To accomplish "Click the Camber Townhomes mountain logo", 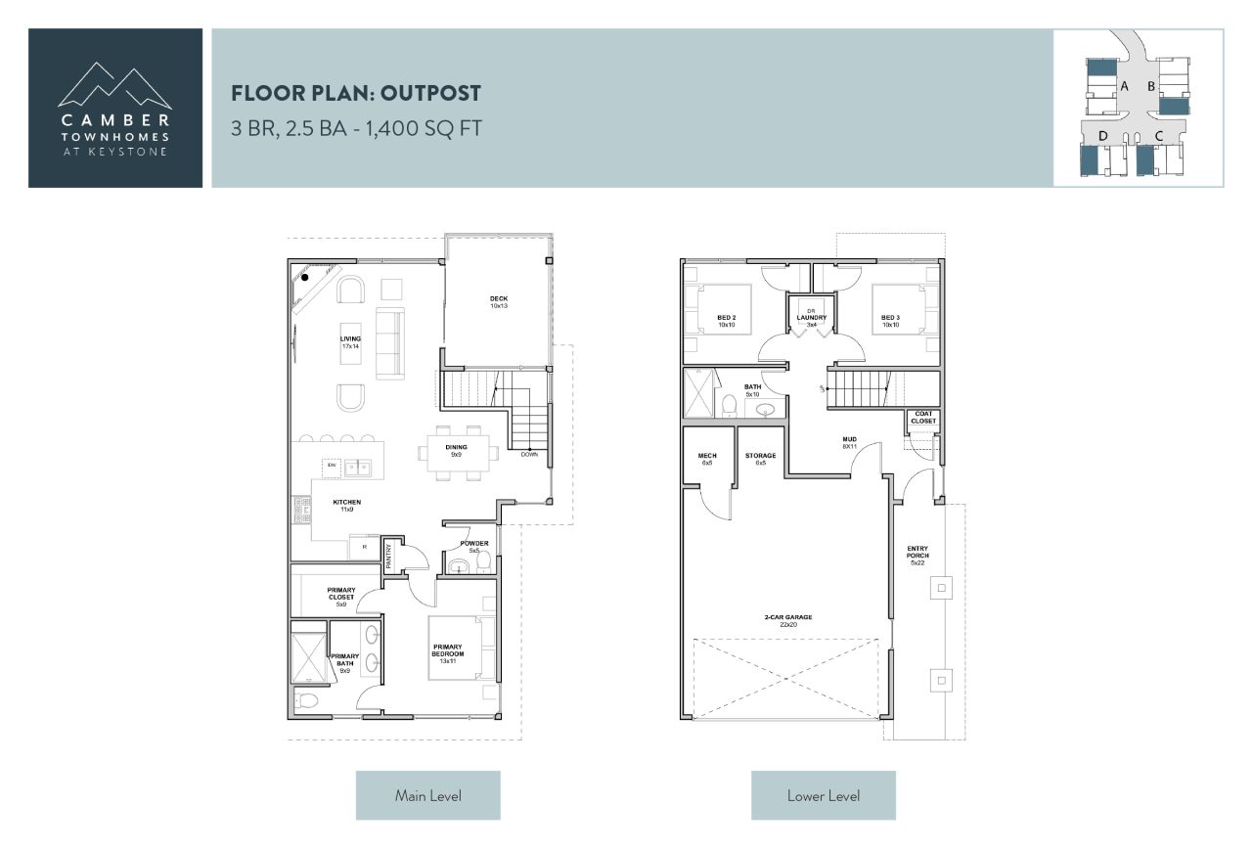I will point(115,86).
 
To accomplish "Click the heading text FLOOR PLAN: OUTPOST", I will point(356,94).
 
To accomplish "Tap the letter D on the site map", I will point(1103,135).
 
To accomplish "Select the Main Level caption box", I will point(427,795).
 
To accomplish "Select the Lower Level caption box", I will point(823,795).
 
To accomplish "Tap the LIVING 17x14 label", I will point(351,342).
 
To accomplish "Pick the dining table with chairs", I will point(458,452).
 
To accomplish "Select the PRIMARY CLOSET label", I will point(341,597).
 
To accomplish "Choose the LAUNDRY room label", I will point(812,319).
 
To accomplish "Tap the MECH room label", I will point(706,459).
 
